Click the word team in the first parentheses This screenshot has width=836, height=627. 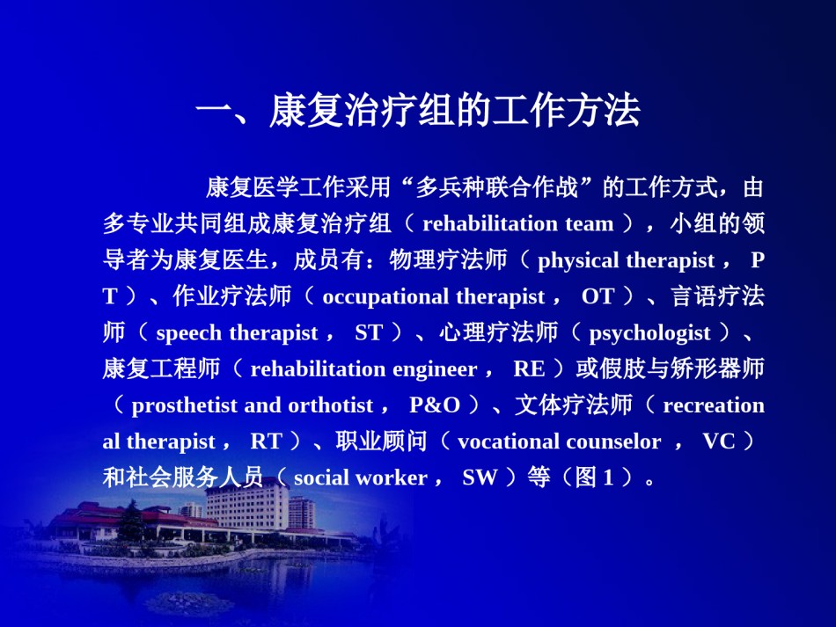589,223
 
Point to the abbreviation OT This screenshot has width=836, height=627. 598,296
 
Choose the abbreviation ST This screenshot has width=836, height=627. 369,332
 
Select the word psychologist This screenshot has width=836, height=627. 649,333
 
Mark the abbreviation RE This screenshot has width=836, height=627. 529,368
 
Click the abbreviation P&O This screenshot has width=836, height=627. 435,405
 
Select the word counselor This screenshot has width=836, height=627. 613,441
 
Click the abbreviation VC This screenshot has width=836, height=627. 718,441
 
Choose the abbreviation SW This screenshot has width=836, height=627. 480,478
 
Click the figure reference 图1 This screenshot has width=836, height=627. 594,478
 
